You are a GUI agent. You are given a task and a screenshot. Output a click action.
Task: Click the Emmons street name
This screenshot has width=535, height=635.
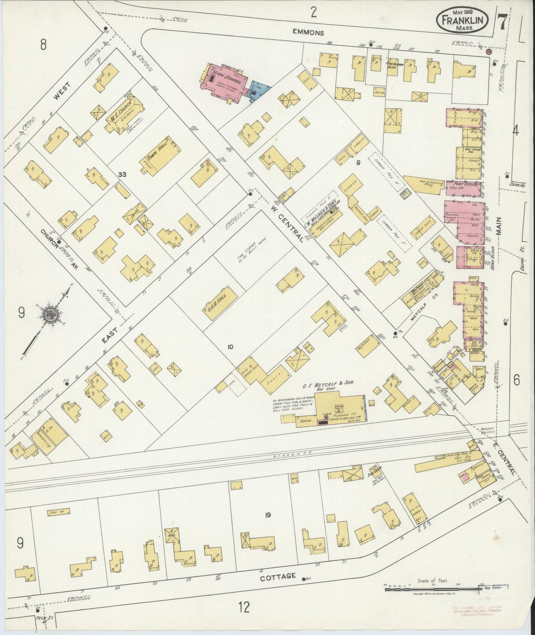click(308, 33)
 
